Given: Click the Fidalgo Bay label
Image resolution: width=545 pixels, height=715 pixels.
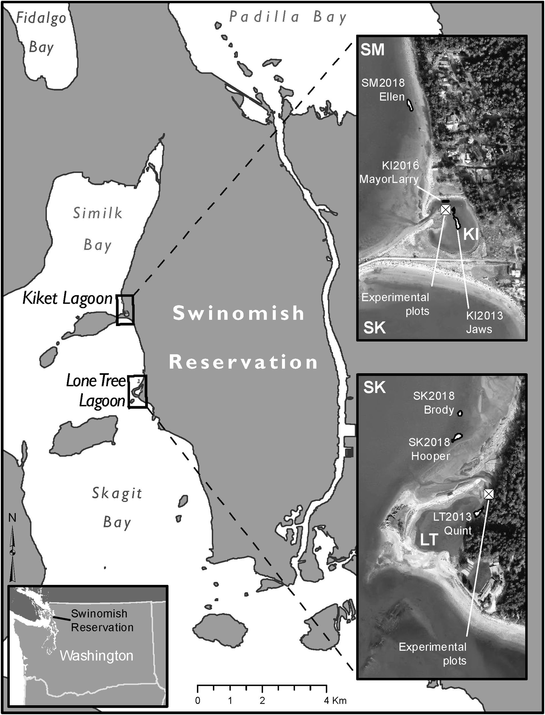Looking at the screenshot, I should point(41,32).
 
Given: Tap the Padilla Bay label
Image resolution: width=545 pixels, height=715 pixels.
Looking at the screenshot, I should point(288,17).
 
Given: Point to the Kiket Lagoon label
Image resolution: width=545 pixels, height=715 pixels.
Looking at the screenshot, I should point(67,298).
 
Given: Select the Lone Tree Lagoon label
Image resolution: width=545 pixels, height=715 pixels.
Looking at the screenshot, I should point(96,391).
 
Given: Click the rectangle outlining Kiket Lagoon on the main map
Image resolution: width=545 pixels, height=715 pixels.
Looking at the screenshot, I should point(125,310).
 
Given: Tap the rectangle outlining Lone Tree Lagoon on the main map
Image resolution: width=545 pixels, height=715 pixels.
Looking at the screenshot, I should point(137,392).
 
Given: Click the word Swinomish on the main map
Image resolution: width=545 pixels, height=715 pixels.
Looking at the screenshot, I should point(238,313).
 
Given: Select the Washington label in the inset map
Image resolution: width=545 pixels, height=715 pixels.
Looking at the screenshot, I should point(96,656).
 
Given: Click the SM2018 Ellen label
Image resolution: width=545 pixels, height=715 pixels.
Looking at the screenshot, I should point(384,90).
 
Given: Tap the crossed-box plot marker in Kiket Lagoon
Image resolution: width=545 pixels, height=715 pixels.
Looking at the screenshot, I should point(446,210).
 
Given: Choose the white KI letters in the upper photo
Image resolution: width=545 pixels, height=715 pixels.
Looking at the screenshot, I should point(471,234).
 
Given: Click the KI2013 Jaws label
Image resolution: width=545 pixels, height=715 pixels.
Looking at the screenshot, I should point(484,322).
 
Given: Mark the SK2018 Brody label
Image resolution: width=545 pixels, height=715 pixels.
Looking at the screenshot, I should point(435,403).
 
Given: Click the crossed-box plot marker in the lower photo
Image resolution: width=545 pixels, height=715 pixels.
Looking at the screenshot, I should point(488,494).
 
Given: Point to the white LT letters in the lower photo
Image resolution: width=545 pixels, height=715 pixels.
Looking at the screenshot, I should point(429,540).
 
